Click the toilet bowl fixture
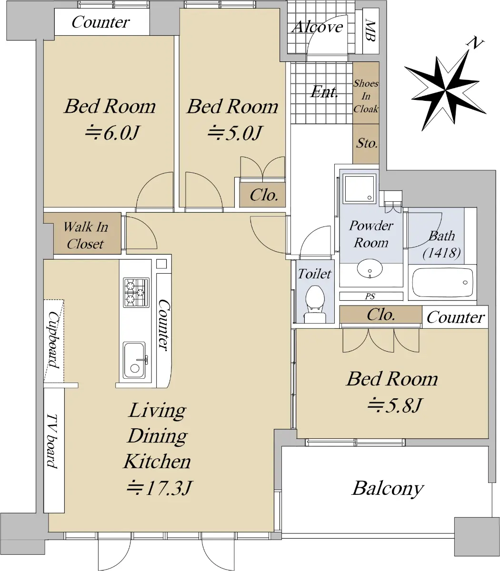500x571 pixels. pyautogui.click(x=315, y=304)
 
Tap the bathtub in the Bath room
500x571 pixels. pyautogui.click(x=442, y=282)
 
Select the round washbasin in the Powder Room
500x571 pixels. pyautogui.click(x=370, y=268)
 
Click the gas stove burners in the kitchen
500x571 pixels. pyautogui.click(x=136, y=293)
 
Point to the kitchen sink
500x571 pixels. pyautogui.click(x=135, y=360)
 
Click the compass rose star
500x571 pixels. pyautogui.click(x=445, y=90)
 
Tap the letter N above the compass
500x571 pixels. pyautogui.click(x=475, y=43)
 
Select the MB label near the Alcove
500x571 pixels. pyautogui.click(x=370, y=30)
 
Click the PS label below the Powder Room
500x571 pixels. pyautogui.click(x=370, y=296)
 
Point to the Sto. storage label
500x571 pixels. pyautogui.click(x=367, y=143)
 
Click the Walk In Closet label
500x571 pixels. pyautogui.click(x=85, y=235)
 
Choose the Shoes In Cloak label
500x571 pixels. pyautogui.click(x=366, y=96)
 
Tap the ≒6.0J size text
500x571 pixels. pyautogui.click(x=112, y=133)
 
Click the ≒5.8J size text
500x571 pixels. pyautogui.click(x=394, y=405)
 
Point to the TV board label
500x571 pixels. pyautogui.click(x=52, y=441)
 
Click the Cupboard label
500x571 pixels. pyautogui.click(x=54, y=339)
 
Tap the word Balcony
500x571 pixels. pyautogui.click(x=388, y=489)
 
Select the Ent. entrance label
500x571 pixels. pyautogui.click(x=324, y=92)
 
